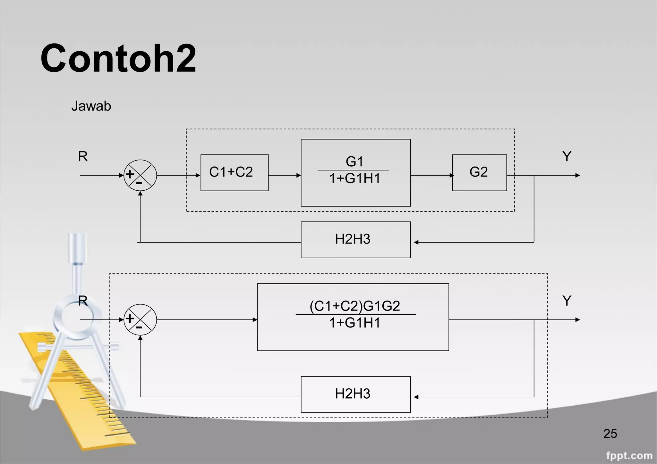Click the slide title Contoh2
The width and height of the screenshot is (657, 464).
(118, 59)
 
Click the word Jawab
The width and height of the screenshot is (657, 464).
(91, 106)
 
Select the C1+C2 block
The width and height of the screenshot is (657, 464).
(234, 173)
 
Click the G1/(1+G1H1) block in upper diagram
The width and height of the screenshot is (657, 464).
(355, 172)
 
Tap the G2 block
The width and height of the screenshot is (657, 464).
(479, 173)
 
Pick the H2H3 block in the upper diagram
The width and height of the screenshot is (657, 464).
(355, 239)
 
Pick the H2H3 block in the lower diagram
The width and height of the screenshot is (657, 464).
(355, 394)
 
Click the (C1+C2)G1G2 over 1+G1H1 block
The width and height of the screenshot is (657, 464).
(353, 317)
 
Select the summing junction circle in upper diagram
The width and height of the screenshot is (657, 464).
(140, 175)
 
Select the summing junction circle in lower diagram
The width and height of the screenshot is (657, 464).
(140, 319)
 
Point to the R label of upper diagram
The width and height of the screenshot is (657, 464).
(83, 157)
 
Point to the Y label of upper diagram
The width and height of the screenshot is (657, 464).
(567, 157)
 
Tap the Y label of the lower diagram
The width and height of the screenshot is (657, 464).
(567, 301)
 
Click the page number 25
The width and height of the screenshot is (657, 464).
(610, 434)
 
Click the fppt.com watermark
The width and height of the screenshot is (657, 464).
(629, 455)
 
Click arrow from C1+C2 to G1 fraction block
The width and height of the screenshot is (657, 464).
(284, 175)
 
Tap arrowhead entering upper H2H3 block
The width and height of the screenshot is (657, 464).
(416, 242)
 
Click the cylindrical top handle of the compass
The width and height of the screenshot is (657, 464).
(77, 248)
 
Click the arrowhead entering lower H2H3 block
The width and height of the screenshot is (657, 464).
(416, 397)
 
